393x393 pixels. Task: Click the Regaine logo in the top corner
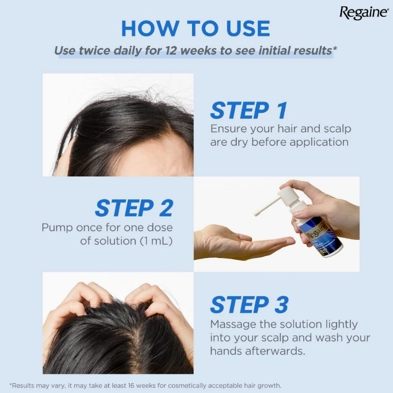[x=364, y=13]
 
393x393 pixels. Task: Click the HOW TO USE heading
[x=196, y=28]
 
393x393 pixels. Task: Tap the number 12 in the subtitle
[x=171, y=51]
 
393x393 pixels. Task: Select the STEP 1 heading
[x=249, y=110]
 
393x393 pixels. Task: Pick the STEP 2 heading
[x=134, y=208]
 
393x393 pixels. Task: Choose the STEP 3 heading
[x=250, y=305]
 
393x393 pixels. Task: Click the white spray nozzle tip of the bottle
[x=257, y=214]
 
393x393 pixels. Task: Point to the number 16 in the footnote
[x=132, y=385]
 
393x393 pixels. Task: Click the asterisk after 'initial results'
[x=335, y=48]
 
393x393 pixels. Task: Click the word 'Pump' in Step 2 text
[x=57, y=228]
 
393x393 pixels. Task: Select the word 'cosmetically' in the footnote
[x=187, y=385]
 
